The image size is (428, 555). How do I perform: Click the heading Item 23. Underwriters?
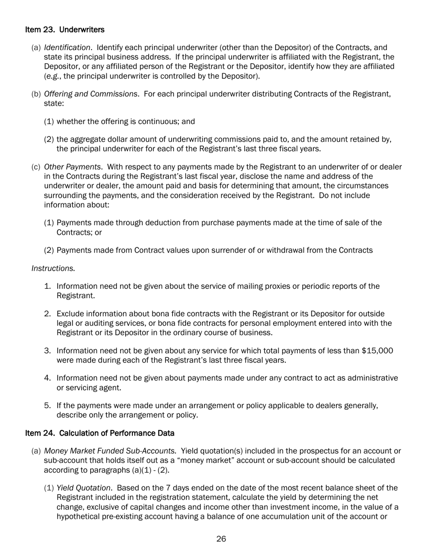[65, 30]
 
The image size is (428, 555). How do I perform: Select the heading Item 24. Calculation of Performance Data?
[100, 433]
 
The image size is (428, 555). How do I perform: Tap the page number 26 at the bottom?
[221, 539]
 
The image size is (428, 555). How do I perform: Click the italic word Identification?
[67, 48]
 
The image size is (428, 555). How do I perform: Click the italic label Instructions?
[53, 268]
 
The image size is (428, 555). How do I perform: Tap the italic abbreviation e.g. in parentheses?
[53, 76]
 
